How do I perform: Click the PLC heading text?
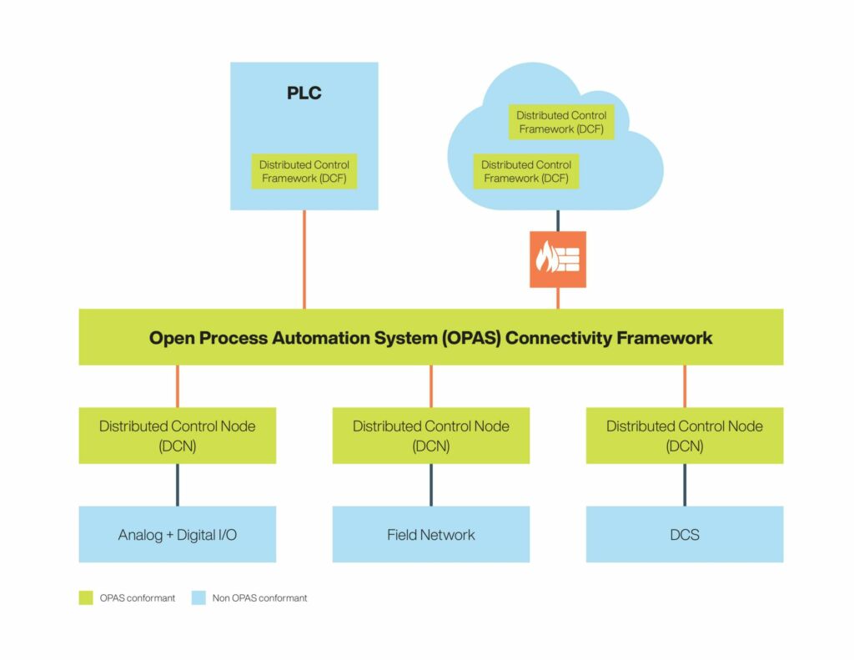(304, 93)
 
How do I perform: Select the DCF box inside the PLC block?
(304, 171)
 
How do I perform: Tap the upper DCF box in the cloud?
(561, 122)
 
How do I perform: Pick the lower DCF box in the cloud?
(526, 171)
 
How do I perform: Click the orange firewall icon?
(558, 259)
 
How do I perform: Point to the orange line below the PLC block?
(304, 259)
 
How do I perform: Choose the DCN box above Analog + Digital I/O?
(178, 436)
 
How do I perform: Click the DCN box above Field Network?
(431, 436)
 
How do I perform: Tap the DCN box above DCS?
(685, 436)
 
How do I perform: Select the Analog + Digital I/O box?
(178, 534)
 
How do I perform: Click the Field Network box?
(431, 534)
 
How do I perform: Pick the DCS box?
(685, 534)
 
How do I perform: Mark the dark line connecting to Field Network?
(431, 485)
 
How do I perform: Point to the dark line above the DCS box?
(685, 485)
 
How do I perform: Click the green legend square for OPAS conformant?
(86, 597)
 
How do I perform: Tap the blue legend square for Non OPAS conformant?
(198, 597)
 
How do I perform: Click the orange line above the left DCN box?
(178, 386)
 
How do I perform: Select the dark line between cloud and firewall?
(558, 220)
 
